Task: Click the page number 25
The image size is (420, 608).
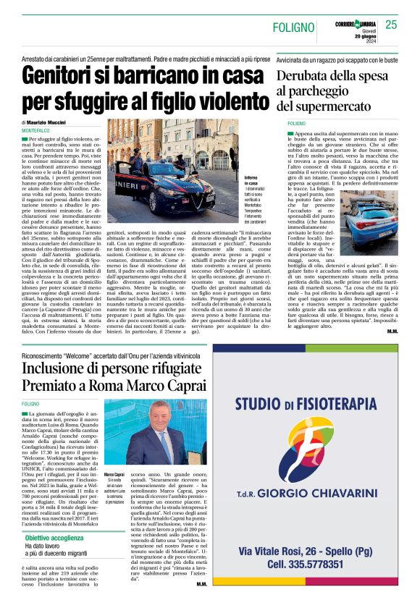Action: point(391,25)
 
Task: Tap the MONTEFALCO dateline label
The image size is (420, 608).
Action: point(36,130)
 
